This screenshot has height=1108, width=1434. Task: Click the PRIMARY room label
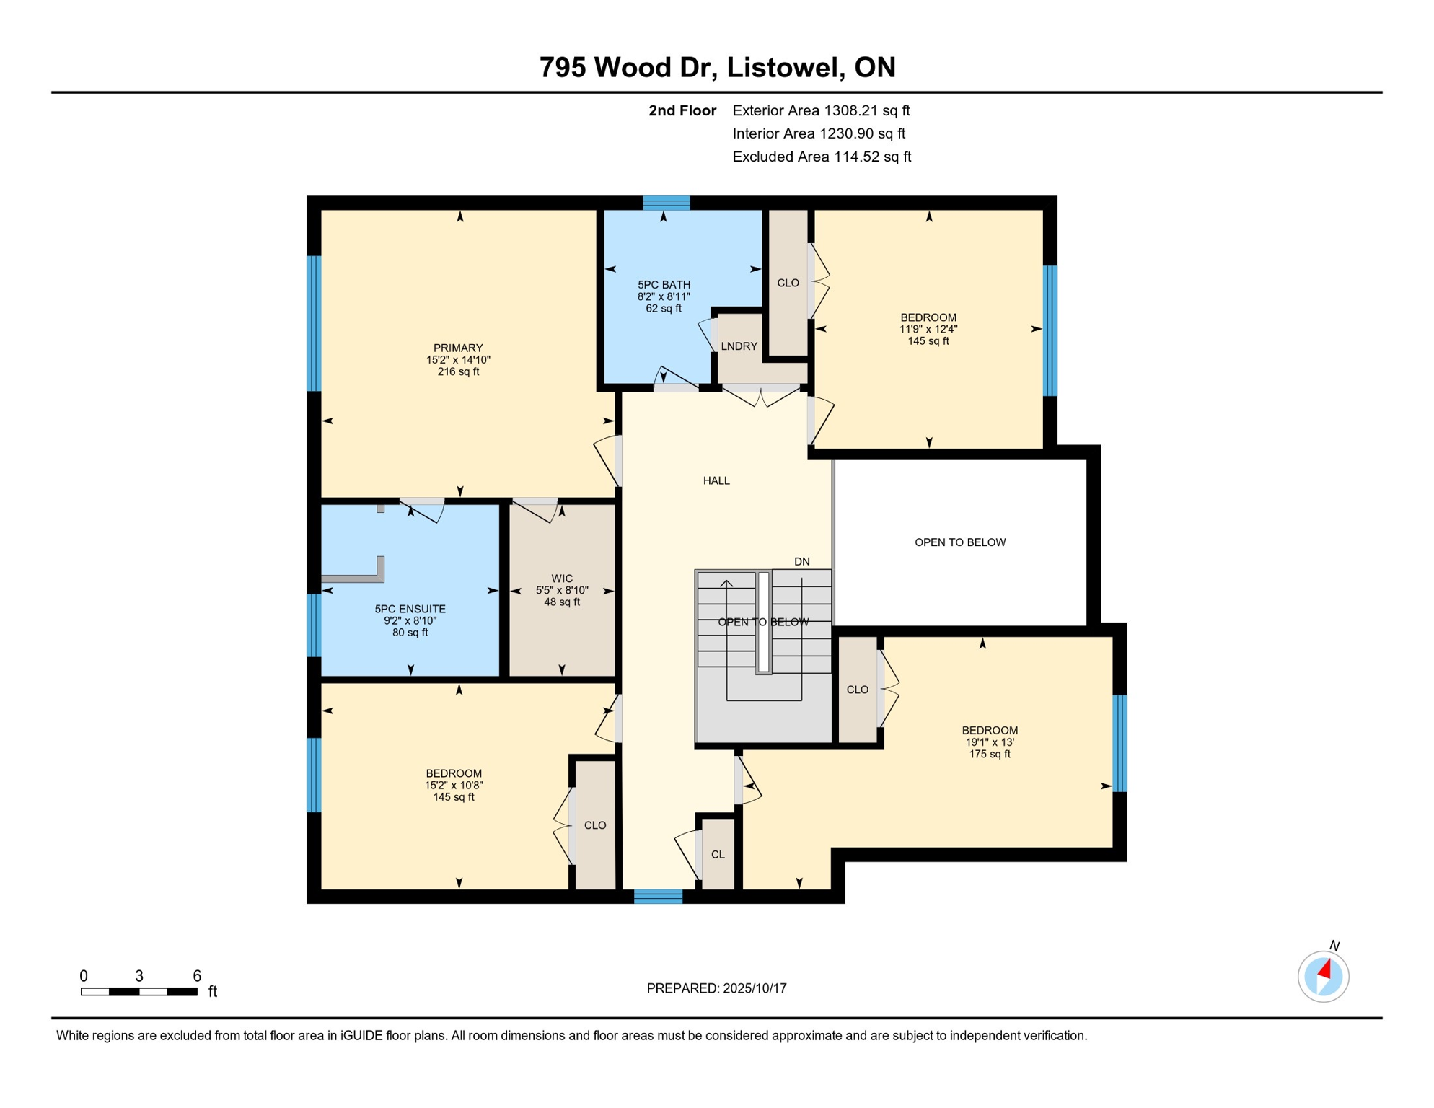pos(458,348)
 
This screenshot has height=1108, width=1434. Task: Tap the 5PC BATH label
pos(664,285)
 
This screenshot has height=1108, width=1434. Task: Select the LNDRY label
pos(739,346)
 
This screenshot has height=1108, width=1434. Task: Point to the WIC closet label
pos(562,579)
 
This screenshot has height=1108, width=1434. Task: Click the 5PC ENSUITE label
pos(410,609)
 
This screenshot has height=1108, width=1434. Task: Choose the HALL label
pos(716,480)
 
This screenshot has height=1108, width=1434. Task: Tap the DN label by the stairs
pos(802,561)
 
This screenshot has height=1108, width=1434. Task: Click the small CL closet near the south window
pos(718,855)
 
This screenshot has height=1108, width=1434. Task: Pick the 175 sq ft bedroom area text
pos(990,755)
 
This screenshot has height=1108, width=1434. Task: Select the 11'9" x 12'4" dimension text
pos(928,330)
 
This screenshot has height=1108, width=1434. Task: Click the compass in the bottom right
pos(1323,977)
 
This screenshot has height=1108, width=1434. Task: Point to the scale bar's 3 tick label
pos(139,976)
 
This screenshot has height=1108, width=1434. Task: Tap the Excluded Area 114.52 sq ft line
pos(822,157)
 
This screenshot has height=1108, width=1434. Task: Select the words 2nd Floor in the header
pos(682,110)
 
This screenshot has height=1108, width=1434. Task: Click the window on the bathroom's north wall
pos(667,203)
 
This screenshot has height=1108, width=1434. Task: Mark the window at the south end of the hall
pos(658,897)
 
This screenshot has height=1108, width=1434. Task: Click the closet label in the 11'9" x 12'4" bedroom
pos(788,283)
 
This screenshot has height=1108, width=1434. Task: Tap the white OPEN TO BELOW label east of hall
pos(960,542)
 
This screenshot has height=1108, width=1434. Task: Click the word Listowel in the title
pos(786,67)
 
